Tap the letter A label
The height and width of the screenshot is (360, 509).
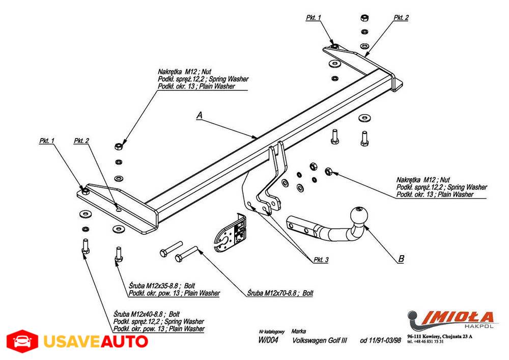coord(200,116)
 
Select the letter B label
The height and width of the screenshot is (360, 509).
coord(401,259)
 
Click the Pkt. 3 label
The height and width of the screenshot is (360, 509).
coord(321,260)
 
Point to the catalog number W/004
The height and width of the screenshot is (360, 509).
coord(268,340)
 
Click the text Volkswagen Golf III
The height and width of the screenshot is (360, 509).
coord(320,340)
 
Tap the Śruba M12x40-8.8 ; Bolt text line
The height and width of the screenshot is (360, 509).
coord(147,315)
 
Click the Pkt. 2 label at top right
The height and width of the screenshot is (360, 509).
coord(401,17)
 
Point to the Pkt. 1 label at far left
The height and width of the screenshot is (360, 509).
coord(46,141)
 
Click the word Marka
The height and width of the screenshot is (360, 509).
coord(299,330)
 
